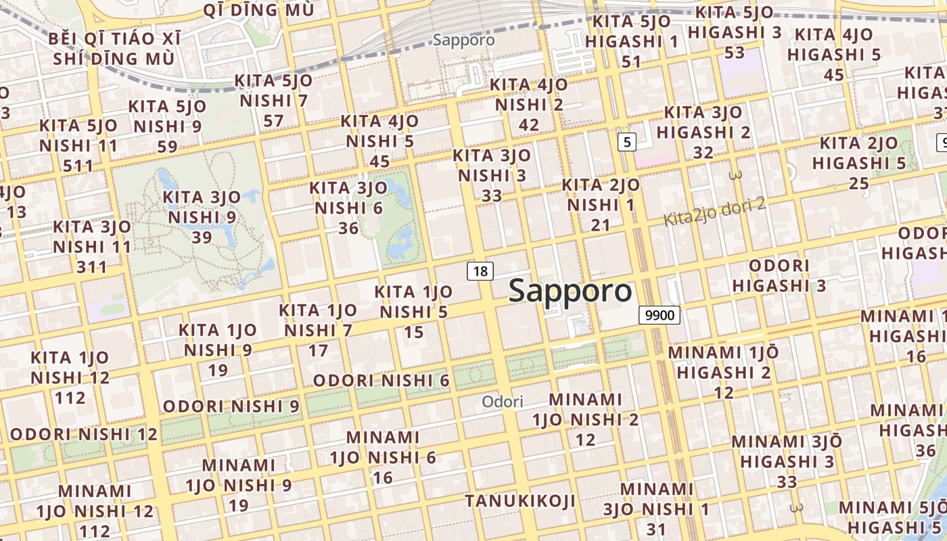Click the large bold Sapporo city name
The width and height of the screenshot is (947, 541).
(x=570, y=290)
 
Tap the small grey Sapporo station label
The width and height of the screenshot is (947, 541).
(x=464, y=40)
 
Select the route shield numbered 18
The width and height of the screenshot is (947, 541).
(x=480, y=271)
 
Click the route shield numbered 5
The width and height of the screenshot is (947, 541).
(x=628, y=142)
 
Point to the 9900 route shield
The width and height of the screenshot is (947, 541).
(x=659, y=314)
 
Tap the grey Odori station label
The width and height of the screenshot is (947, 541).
(x=503, y=402)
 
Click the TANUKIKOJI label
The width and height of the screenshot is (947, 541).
(x=520, y=501)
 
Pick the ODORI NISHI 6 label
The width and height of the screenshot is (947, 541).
(x=382, y=381)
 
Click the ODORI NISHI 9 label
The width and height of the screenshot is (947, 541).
(x=231, y=406)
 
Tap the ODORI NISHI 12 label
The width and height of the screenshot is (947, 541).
(x=84, y=433)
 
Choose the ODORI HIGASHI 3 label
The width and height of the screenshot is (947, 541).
(x=779, y=275)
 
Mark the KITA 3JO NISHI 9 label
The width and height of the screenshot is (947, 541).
(x=202, y=217)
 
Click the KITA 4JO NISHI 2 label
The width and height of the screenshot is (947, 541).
(x=529, y=105)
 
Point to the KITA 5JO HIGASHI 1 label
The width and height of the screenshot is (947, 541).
(x=631, y=41)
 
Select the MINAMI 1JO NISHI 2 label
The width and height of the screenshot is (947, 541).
(x=586, y=419)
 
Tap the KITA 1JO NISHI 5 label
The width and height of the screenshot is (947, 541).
(x=413, y=312)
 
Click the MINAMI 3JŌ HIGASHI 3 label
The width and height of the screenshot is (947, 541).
(x=787, y=461)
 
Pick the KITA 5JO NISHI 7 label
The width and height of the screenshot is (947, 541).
(x=274, y=101)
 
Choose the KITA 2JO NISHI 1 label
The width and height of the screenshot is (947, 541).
(x=601, y=204)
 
